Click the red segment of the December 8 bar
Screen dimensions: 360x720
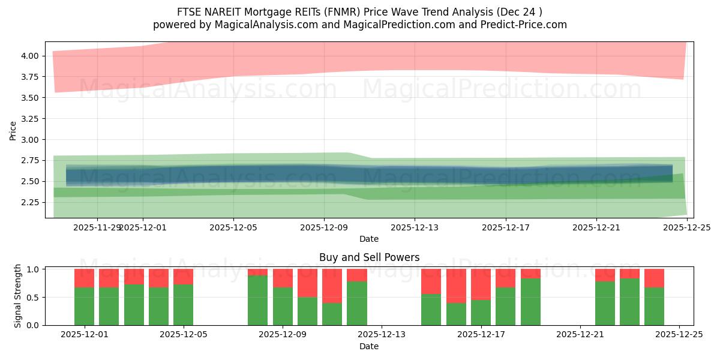pos(258,272)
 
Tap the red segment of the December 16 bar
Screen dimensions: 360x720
pos(456,286)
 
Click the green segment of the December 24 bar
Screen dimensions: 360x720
pos(654,307)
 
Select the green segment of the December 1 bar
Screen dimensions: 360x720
pos(85,307)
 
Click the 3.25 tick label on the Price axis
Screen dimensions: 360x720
pos(30,119)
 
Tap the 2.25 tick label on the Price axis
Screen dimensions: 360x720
pos(30,202)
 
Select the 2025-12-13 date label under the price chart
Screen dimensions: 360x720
pos(415,228)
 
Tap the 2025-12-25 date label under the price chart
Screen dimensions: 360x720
pos(687,228)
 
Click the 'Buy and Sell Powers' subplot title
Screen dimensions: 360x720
pos(369,257)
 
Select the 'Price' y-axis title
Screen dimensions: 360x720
pos(13,131)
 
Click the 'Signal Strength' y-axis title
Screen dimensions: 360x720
pos(18,296)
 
